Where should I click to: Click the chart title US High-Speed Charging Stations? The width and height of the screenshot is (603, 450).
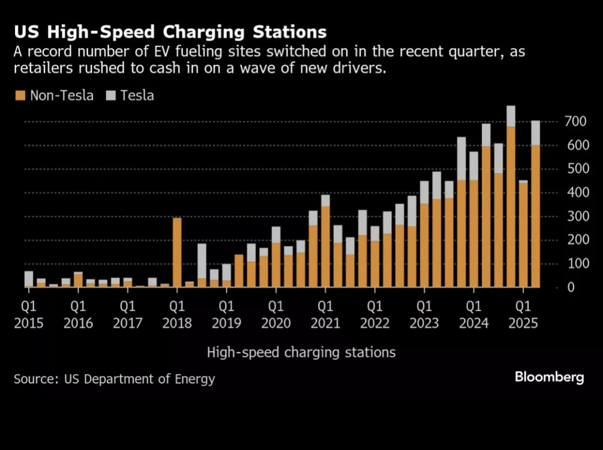point(170,32)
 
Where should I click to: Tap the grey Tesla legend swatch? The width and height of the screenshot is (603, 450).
point(111,95)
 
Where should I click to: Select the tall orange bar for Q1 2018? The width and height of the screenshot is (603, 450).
point(177,253)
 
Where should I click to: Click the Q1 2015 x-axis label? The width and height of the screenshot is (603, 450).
point(29,315)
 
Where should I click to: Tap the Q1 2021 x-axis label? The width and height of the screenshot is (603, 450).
point(325,315)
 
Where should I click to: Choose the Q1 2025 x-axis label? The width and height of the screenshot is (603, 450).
point(523,315)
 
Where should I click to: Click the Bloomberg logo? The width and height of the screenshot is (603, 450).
point(549,377)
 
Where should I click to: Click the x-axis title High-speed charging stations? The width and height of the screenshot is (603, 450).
point(301,353)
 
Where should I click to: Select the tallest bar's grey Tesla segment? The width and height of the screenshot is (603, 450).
point(511,116)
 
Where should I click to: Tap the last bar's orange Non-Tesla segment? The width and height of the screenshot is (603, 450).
point(535,216)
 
